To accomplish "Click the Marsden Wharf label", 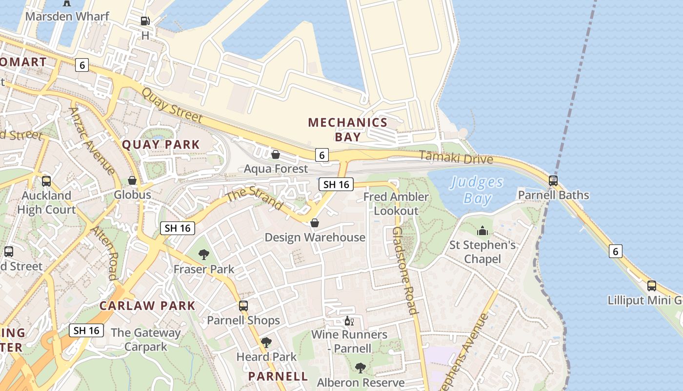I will (x=67, y=16).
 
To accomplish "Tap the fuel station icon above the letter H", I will (x=145, y=21).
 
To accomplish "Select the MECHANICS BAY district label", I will (x=347, y=130).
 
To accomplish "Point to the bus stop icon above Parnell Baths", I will (x=553, y=181).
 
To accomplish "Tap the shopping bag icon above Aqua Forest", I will (x=276, y=154).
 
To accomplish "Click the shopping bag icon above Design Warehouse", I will (x=315, y=223).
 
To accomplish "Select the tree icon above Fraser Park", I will (x=204, y=254).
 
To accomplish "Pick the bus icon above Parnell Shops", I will (x=243, y=306).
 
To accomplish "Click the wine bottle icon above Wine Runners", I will (x=349, y=321).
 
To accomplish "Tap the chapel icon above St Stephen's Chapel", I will (x=482, y=231).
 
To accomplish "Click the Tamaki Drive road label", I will (x=456, y=157).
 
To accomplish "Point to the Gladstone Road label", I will (x=405, y=270).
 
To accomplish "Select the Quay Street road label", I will (x=172, y=105).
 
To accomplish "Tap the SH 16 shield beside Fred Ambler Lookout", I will (x=336, y=184).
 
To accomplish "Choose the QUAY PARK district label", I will (x=161, y=145).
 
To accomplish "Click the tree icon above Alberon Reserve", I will (x=360, y=368).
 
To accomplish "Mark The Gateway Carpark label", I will (x=145, y=340).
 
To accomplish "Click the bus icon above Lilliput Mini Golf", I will (x=651, y=286).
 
